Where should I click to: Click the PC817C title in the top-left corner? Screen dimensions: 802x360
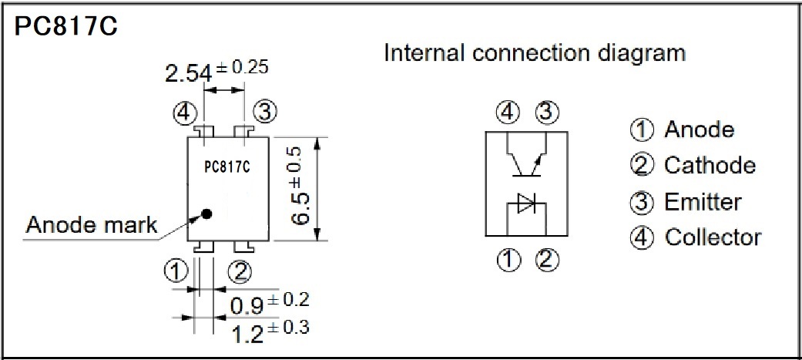coord(66,25)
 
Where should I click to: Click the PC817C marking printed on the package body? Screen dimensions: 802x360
coord(227,167)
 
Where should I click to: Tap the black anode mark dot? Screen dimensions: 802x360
coord(206,214)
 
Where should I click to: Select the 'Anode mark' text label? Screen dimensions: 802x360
coord(92,225)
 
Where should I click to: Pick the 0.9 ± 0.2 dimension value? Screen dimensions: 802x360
coord(270,304)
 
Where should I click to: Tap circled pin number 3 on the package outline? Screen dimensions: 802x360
coord(266,112)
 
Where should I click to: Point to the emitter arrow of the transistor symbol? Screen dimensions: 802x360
coord(536,163)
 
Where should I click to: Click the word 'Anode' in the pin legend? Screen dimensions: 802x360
coord(700,130)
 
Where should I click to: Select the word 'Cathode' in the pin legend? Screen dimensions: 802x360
coord(710,166)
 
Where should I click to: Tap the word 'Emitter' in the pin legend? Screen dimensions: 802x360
coord(703,202)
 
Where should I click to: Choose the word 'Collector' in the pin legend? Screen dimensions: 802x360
coord(713,237)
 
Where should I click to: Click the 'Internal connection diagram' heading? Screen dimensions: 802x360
coord(535,52)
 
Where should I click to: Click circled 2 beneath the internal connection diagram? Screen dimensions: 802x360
coord(547,261)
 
